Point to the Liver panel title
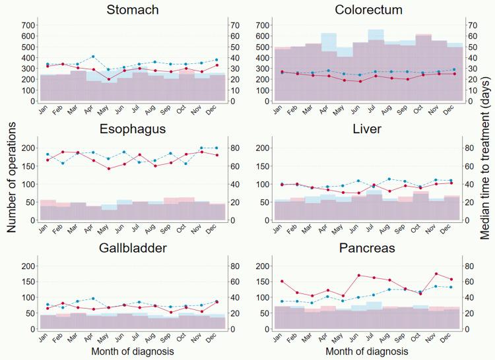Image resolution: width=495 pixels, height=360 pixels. click(x=367, y=129)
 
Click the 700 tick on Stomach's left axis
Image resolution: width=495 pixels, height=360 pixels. click(x=28, y=25)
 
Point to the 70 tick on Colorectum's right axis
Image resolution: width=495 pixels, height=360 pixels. click(x=472, y=25)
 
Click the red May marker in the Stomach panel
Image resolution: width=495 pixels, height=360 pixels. click(x=108, y=79)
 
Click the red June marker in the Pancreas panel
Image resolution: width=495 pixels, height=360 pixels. click(x=359, y=275)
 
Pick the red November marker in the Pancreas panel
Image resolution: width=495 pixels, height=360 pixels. click(x=436, y=274)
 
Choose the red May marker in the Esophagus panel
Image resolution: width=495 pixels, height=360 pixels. click(x=108, y=168)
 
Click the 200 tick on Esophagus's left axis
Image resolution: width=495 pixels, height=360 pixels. click(x=28, y=148)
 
